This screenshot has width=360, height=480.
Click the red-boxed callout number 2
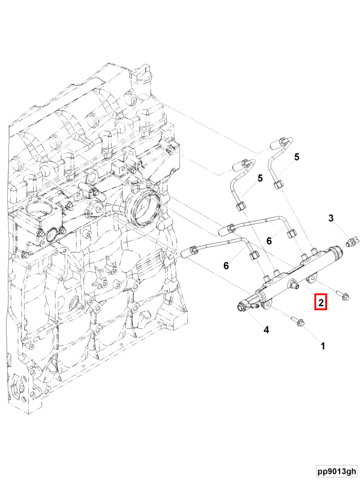321,302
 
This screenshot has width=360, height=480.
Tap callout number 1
322,346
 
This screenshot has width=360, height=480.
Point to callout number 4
266,329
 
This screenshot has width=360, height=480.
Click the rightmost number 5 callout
296,157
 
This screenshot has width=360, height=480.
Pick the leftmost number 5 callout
260,178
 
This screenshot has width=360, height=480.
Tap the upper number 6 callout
269,241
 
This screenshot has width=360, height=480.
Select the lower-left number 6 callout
226,265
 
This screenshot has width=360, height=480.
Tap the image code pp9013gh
337,471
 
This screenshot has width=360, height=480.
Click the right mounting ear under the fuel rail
311,278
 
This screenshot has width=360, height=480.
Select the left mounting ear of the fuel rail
264,305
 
